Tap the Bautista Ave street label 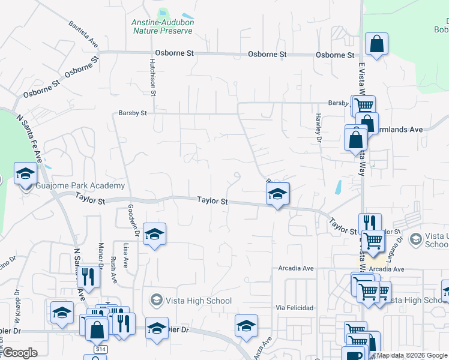[83, 35]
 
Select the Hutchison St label [153, 77]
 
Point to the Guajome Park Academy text [80, 186]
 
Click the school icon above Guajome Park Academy [25, 174]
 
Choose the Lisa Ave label [125, 256]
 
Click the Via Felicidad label [295, 308]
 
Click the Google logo [20, 353]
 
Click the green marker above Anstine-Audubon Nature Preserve [163, 12]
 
